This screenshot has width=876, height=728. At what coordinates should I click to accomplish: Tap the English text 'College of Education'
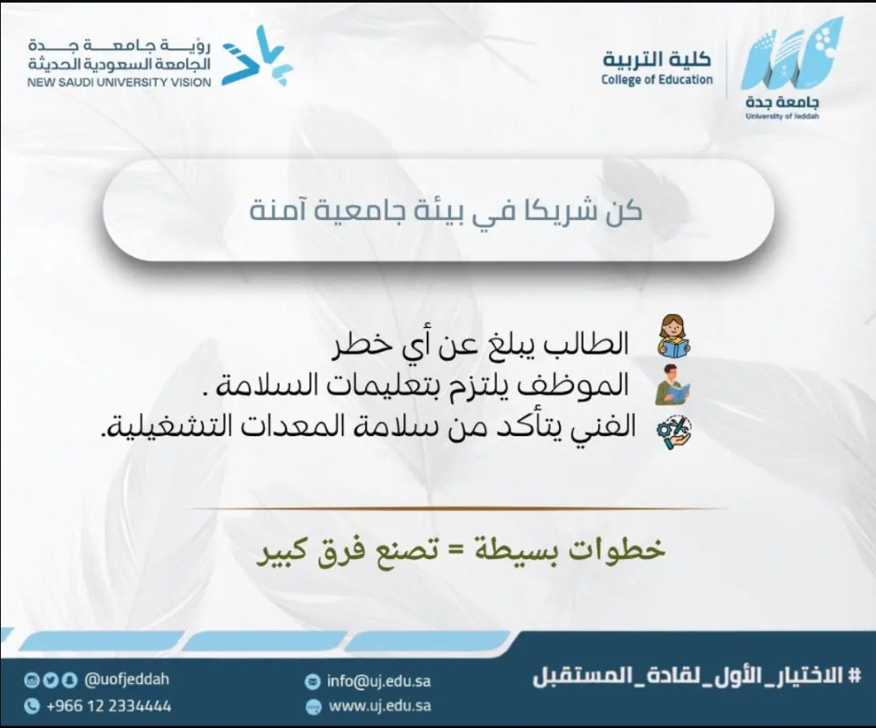click(x=657, y=80)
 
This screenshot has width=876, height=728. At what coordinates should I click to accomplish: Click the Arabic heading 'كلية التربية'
click(x=657, y=58)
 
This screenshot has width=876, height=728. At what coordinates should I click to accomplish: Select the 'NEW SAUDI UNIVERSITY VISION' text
click(x=119, y=83)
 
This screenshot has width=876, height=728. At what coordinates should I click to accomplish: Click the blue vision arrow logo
click(x=258, y=56)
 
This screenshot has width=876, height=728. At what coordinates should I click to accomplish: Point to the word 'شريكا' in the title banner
click(x=558, y=211)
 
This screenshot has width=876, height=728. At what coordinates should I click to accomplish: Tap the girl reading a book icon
click(x=673, y=336)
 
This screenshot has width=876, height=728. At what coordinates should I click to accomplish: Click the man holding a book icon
click(x=673, y=384)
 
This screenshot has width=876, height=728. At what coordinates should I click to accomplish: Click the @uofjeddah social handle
click(x=126, y=680)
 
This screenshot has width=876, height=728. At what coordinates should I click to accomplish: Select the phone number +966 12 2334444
click(x=108, y=706)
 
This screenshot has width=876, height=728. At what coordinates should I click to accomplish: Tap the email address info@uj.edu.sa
click(x=379, y=681)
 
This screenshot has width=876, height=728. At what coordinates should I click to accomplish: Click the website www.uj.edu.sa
click(x=380, y=705)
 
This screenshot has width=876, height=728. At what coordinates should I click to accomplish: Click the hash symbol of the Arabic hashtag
click(x=854, y=675)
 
